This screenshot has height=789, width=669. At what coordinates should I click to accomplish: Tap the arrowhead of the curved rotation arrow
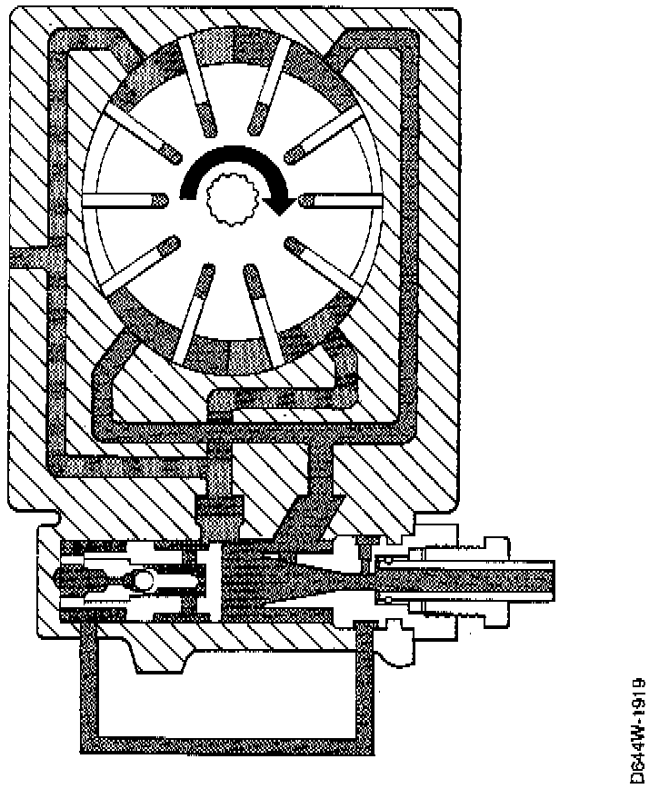[x=284, y=205]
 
